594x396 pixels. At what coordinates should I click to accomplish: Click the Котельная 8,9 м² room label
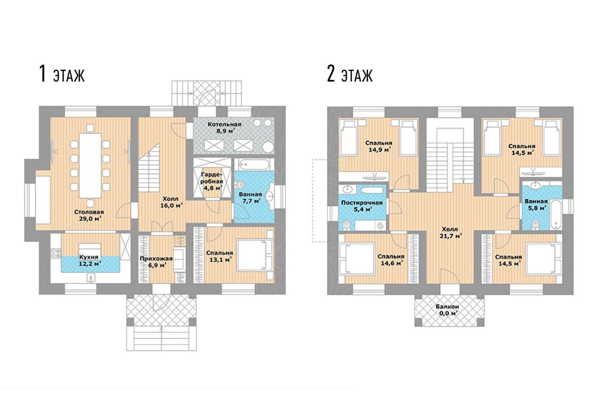(x=224, y=128)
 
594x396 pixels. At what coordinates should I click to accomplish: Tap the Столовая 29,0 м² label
(x=89, y=215)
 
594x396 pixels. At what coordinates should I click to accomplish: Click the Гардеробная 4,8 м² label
(x=212, y=181)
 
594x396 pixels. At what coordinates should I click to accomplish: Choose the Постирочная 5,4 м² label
(x=361, y=206)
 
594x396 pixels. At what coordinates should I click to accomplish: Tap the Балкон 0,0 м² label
(x=447, y=310)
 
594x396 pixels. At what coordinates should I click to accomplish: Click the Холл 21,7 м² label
(x=450, y=232)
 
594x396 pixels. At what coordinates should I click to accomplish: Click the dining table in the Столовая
(x=90, y=166)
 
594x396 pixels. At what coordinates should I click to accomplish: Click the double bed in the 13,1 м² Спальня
(x=255, y=255)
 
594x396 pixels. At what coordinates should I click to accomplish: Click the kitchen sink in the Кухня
(x=91, y=279)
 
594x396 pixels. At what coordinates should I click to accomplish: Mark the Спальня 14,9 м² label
(x=378, y=146)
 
